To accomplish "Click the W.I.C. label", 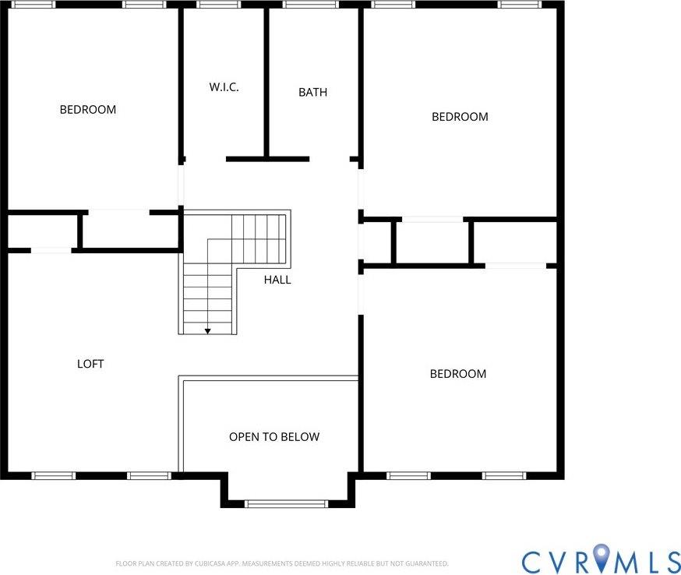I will (224, 87).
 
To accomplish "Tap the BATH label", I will (312, 92).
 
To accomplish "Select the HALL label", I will (277, 280).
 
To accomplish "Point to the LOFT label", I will (90, 364).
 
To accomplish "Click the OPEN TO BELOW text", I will (274, 437).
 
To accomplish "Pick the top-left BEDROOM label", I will (88, 110).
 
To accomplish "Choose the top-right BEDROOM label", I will (460, 117).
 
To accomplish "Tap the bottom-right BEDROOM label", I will (458, 374).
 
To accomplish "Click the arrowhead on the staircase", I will (208, 331).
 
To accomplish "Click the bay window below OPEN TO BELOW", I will (286, 504).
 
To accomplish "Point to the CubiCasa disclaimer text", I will (282, 563).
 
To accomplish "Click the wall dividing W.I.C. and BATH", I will (266, 82).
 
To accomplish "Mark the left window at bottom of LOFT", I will (54, 475).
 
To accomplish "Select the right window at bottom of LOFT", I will (149, 475).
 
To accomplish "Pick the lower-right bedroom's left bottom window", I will (408, 475).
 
